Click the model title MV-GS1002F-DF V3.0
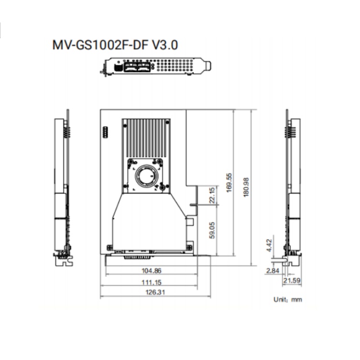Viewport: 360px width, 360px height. click(x=115, y=45)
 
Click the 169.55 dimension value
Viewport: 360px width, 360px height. click(x=229, y=183)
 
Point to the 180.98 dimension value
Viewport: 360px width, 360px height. click(x=246, y=187)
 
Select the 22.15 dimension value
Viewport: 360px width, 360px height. click(x=212, y=195)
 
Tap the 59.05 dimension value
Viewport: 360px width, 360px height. click(x=212, y=230)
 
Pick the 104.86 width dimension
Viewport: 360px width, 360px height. click(x=152, y=271)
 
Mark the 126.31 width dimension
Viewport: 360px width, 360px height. click(x=155, y=292)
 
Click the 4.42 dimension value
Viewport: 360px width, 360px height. click(x=269, y=245)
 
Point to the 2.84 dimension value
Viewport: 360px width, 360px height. click(x=273, y=271)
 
